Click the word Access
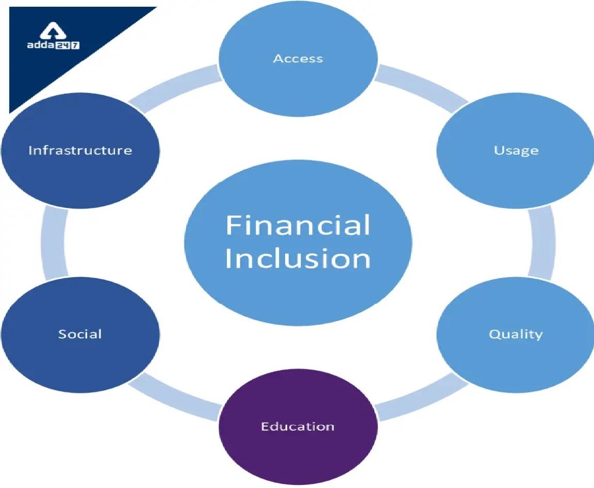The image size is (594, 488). pyautogui.click(x=298, y=59)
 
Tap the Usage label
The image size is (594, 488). pyautogui.click(x=516, y=151)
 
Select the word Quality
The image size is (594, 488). pyautogui.click(x=516, y=334)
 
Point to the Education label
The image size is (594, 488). pyautogui.click(x=298, y=427)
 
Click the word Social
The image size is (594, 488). pyautogui.click(x=80, y=334)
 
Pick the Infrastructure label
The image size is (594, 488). pyautogui.click(x=80, y=151)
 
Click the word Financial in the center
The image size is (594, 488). pyautogui.click(x=298, y=225)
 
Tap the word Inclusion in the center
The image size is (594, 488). pyautogui.click(x=298, y=258)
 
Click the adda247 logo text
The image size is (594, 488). pyautogui.click(x=53, y=45)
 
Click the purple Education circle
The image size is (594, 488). pyautogui.click(x=299, y=427)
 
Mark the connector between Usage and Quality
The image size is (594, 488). pyautogui.click(x=542, y=242)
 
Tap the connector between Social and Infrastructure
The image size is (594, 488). pyautogui.click(x=54, y=242)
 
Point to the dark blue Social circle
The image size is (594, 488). pyautogui.click(x=80, y=335)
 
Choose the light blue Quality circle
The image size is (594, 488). pyautogui.click(x=516, y=335)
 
